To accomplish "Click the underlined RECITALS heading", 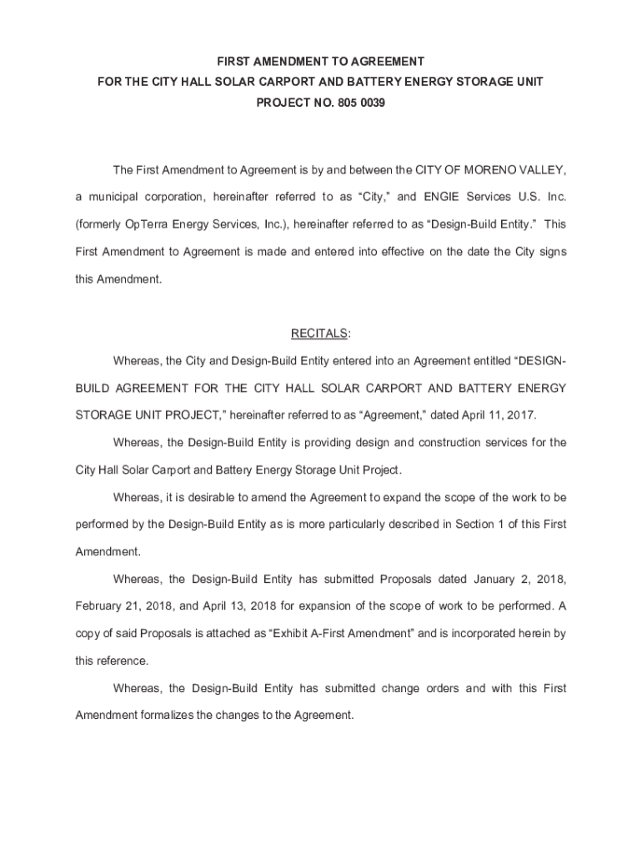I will tap(319, 334).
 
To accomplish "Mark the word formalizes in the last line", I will tap(166, 715).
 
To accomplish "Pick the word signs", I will tap(551, 252).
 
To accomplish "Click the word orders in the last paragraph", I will tap(440, 688).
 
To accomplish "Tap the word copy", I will tap(88, 633).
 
